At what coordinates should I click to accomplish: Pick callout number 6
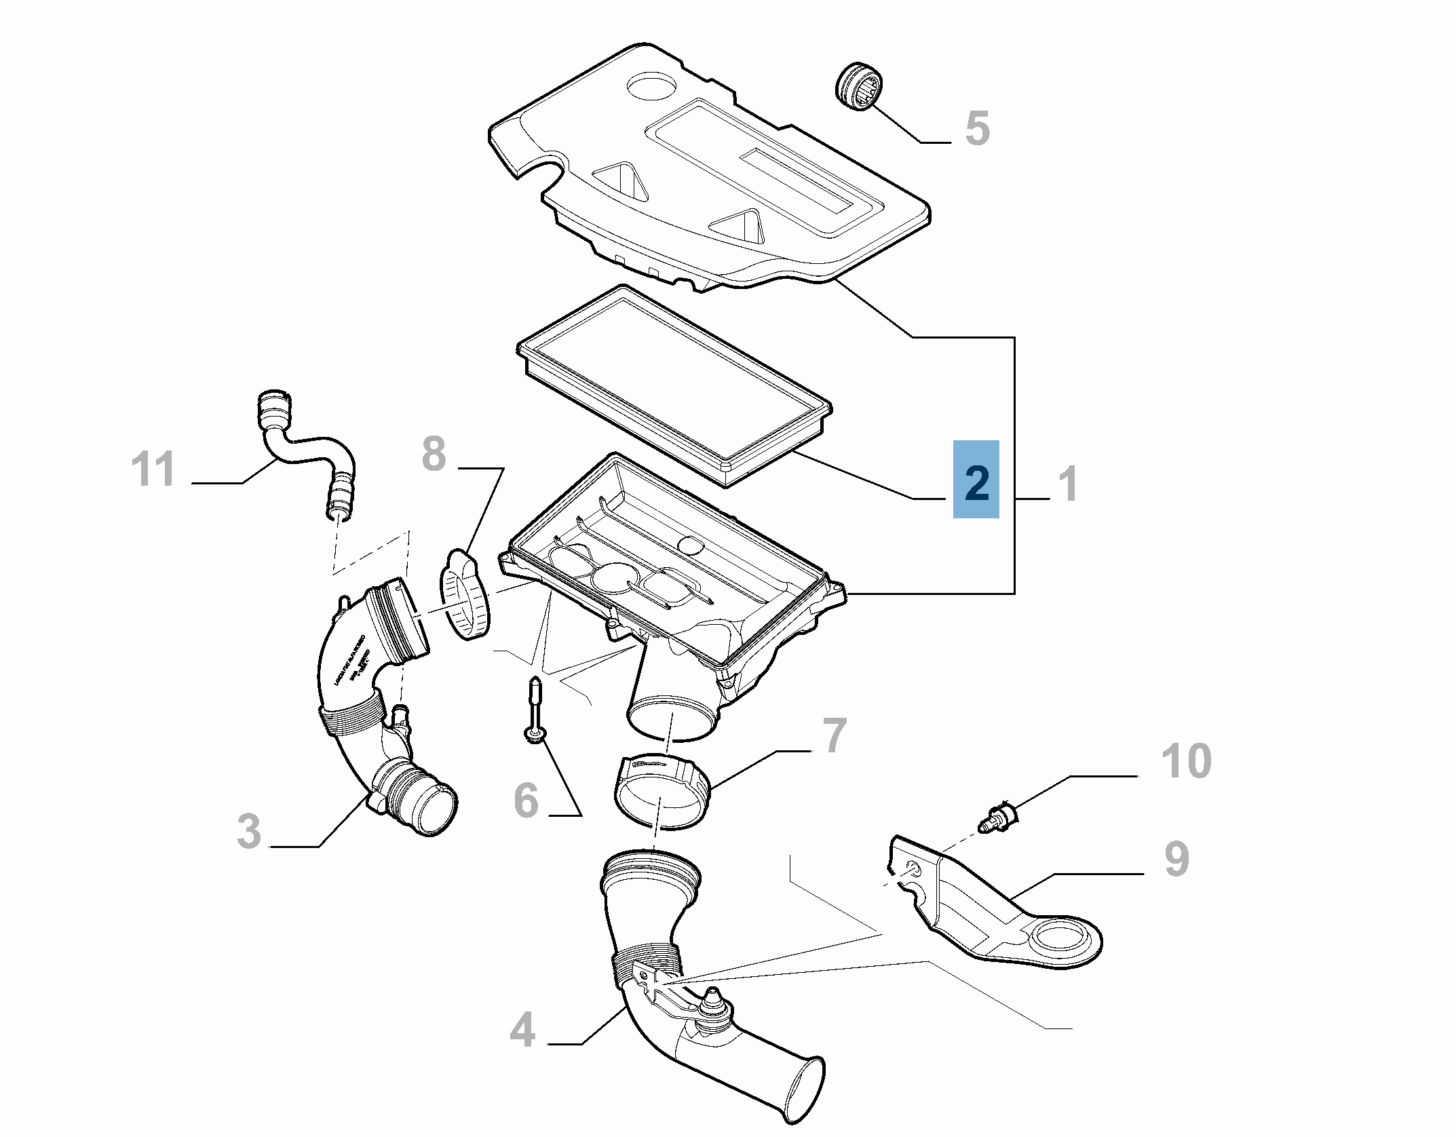click(x=526, y=800)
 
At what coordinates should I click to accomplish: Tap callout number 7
click(x=835, y=735)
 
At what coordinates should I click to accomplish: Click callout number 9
click(x=1176, y=859)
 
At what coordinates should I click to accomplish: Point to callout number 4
click(x=522, y=1030)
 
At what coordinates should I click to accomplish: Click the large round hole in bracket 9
click(x=1060, y=938)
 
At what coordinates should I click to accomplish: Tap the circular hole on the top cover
click(x=651, y=86)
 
